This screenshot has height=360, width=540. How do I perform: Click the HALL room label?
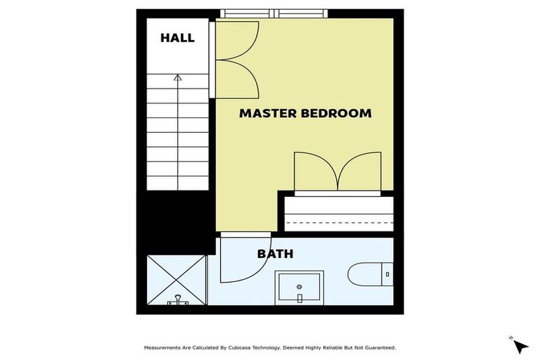(177, 38)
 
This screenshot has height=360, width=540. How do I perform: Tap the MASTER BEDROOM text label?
(305, 113)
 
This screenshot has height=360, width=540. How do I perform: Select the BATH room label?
(275, 254)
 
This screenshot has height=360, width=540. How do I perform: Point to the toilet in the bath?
(366, 274)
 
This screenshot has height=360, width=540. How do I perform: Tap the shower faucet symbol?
(178, 301)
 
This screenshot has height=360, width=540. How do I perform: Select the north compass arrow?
(520, 345)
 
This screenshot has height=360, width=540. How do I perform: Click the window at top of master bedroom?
(274, 13)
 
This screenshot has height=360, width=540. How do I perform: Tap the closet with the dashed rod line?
(338, 214)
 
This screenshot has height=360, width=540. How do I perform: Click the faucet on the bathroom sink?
(300, 297)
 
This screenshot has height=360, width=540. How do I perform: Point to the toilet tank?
(387, 274)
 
